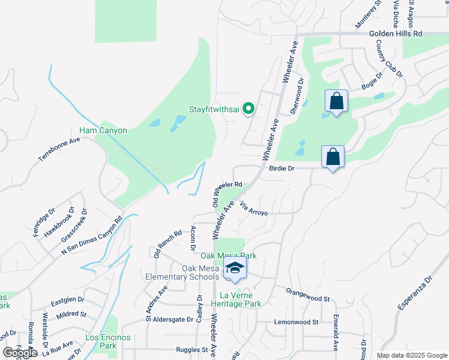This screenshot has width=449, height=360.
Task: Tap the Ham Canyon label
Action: tap(103, 130)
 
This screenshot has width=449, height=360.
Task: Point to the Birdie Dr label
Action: tap(281, 169)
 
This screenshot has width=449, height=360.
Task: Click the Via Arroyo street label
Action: tap(253, 209)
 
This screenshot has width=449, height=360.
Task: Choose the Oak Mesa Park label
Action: tap(228, 256)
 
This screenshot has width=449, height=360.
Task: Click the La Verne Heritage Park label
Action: tap(240, 299)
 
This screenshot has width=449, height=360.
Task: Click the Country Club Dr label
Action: tap(389, 58)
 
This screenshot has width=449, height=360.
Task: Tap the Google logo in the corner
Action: tap(20, 353)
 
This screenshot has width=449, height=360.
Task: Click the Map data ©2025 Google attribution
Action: tap(411, 355)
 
